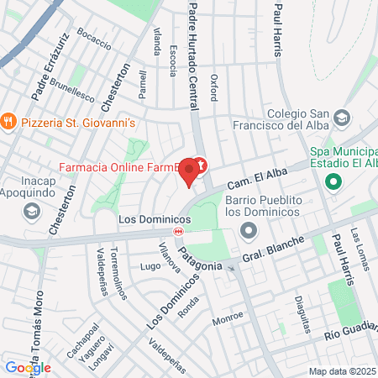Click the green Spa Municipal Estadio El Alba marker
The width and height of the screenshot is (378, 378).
[333, 181]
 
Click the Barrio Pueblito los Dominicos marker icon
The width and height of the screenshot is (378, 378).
[248, 229]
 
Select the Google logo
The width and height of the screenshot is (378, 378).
[28, 367]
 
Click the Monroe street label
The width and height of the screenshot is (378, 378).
[227, 318]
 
